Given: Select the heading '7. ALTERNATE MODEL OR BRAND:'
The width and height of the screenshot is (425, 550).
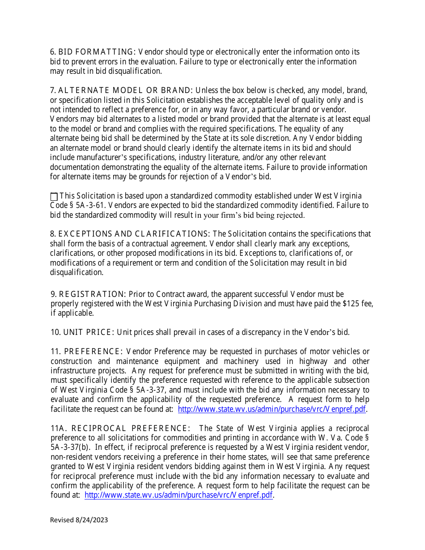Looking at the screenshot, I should [121, 90].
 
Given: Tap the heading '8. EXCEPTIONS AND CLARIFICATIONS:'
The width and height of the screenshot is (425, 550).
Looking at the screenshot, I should [130, 234].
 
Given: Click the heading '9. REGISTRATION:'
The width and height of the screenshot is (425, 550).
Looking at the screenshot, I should [89, 294].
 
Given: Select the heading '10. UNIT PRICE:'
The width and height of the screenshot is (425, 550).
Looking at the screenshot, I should [83, 332].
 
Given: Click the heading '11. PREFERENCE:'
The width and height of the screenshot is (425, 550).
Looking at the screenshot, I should [87, 351].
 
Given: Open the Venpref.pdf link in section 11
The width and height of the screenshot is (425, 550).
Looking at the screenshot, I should [272, 409].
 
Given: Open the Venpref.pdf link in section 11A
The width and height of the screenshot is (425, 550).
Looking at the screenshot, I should [178, 495].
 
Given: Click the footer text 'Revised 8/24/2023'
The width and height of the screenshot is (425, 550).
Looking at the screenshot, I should [79, 520].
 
